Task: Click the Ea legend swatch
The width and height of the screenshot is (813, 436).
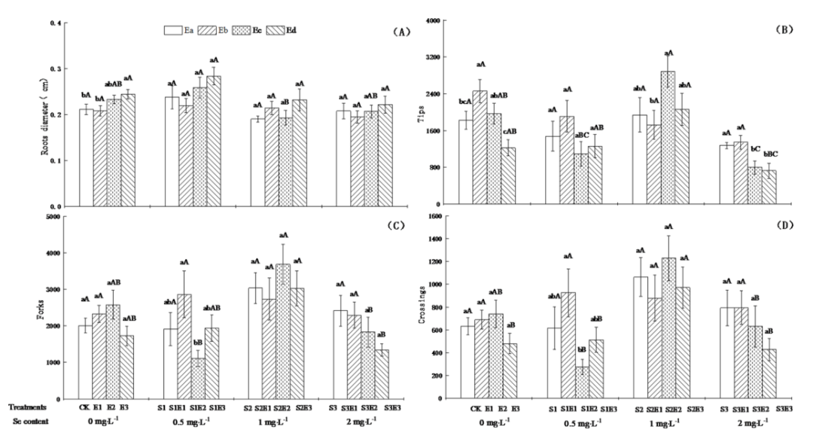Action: (175, 31)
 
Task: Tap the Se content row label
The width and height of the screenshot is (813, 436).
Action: (29, 422)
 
